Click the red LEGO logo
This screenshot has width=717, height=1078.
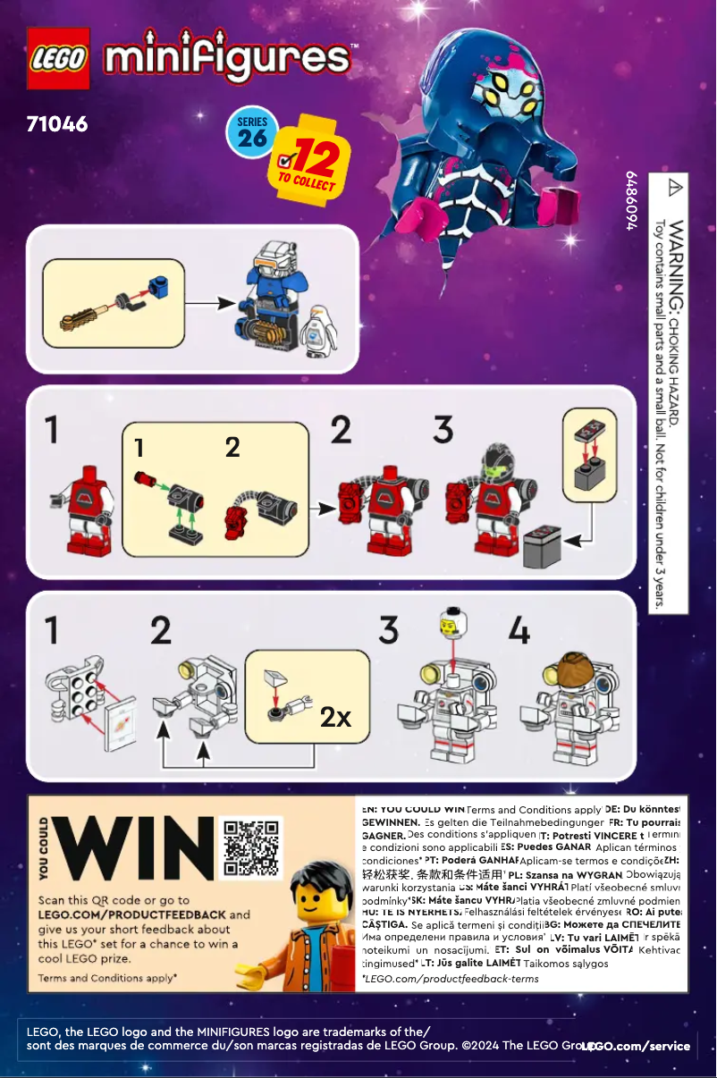click(59, 58)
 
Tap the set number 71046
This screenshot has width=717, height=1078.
click(58, 123)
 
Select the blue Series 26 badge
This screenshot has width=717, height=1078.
click(253, 131)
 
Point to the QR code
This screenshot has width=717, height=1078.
click(252, 846)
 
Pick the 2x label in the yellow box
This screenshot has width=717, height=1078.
click(337, 716)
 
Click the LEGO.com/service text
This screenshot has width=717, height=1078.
click(637, 1046)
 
